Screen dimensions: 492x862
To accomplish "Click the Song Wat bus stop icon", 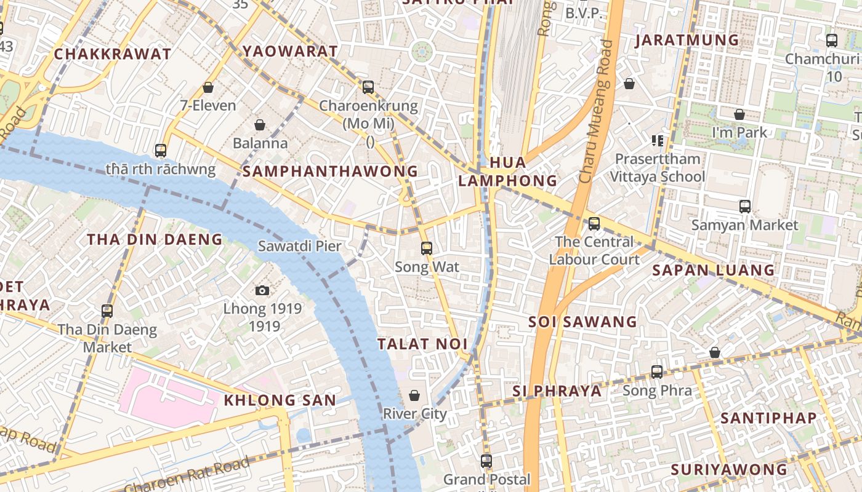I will pos(426,248).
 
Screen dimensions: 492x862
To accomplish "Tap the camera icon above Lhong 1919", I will pos(262,290).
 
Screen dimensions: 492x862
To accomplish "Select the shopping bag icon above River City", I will pos(414,395).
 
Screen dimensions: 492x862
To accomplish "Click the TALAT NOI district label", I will pos(422,344).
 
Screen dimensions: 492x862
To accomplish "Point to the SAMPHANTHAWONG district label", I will pos(330,171).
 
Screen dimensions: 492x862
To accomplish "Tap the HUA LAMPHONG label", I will pos(508,172).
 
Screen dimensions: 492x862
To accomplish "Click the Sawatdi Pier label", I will pos(299,246).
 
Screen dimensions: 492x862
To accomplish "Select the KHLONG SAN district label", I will pos(280,400).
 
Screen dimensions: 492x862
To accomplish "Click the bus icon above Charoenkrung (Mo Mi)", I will pos(368,87).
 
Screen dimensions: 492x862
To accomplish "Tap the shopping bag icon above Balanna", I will pos(260,125).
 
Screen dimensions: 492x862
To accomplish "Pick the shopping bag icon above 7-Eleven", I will pos(208,87).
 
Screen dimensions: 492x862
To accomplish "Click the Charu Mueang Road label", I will pos(596,111).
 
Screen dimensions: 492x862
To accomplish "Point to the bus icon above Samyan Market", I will pos(745,207).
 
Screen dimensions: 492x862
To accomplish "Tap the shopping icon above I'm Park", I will pos(739,114).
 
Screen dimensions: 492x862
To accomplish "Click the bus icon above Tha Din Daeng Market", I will pos(107,311).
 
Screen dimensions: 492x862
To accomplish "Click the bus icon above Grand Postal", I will pos(486,461).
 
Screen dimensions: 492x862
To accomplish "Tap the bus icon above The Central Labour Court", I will pos(594,224).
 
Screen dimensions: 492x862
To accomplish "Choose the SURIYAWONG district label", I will pos(728,469).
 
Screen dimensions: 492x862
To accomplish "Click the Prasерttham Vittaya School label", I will pos(658,168).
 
